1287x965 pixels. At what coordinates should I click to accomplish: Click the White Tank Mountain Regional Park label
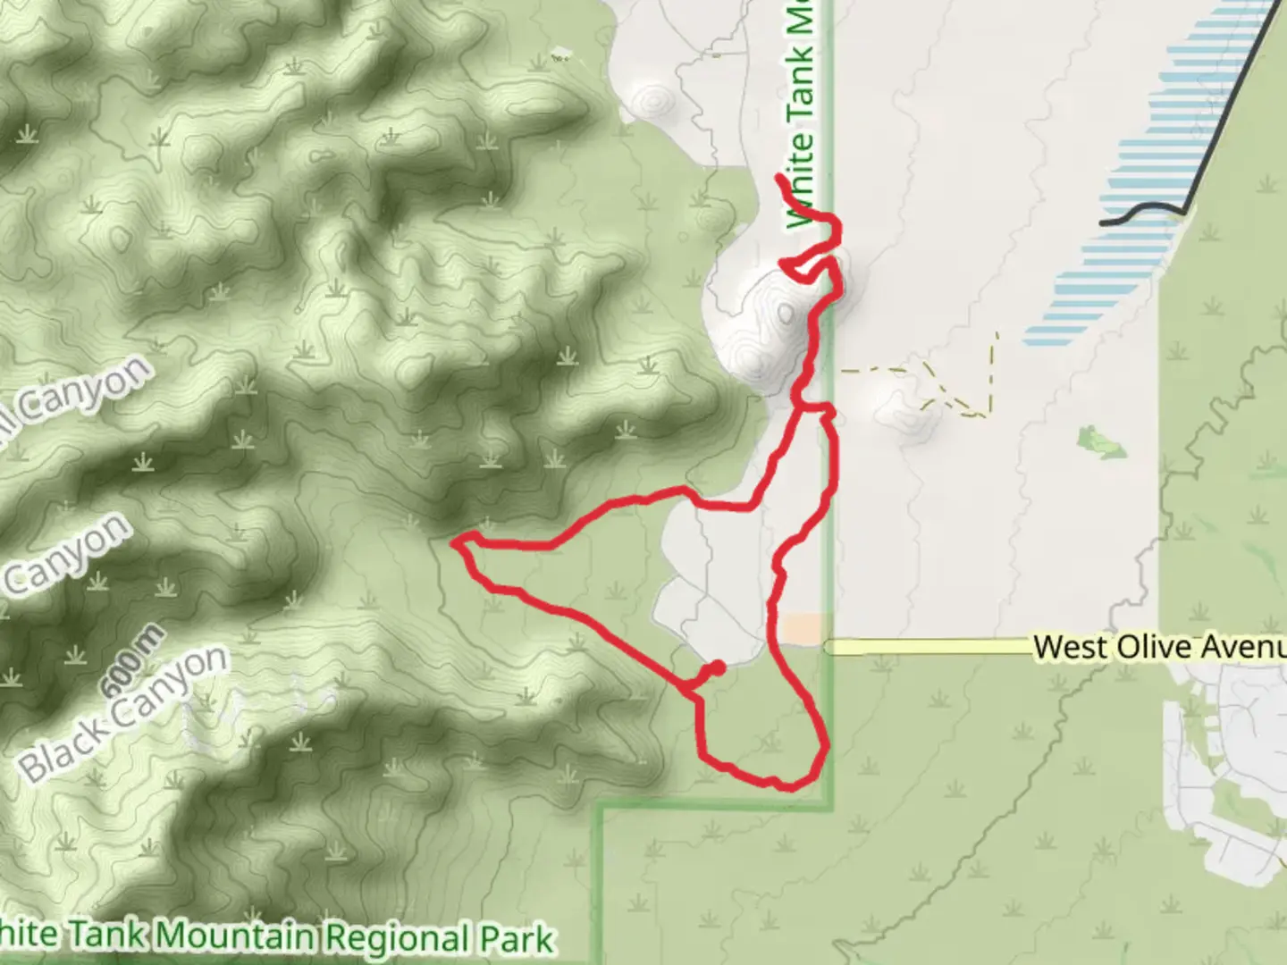click(x=277, y=936)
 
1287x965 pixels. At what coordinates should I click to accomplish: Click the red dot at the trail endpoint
click(x=717, y=668)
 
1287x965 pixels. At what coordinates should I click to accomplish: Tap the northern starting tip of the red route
click(x=780, y=179)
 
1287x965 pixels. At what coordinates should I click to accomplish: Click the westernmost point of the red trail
click(x=456, y=541)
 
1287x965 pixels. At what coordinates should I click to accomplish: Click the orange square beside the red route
click(x=802, y=627)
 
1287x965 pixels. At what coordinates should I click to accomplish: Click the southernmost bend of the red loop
click(x=786, y=787)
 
